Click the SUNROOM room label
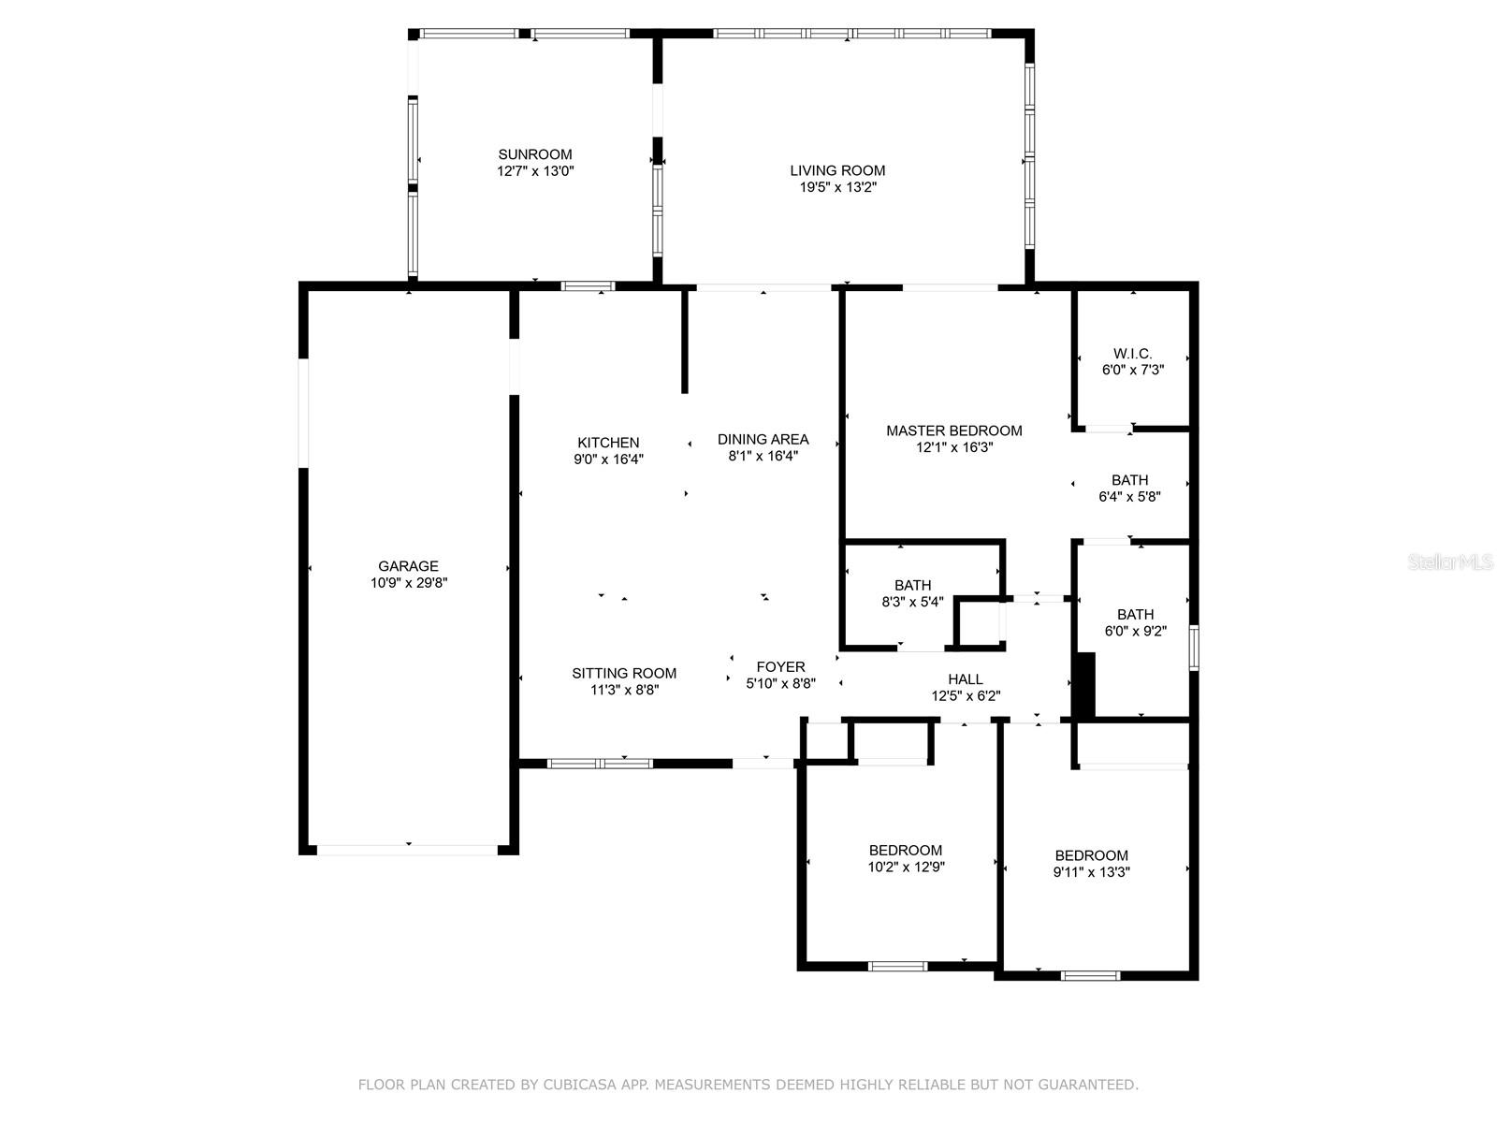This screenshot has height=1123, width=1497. coord(534,154)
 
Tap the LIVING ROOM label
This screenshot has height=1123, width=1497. coord(837,171)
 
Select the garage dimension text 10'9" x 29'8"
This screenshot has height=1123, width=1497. coord(409,583)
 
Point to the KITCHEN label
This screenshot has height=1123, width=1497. coord(608,444)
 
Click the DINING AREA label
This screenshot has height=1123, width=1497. coord(763,440)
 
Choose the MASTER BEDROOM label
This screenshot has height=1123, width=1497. coord(954,430)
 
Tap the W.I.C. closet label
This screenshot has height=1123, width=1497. coord(1133,354)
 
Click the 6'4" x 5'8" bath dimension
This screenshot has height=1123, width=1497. coord(1129,497)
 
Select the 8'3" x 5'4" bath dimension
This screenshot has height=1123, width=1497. coord(912,602)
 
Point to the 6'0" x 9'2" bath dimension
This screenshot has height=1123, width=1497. coord(1136,632)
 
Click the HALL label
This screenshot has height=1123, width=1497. coord(966,679)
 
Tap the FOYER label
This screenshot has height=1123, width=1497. coord(781,667)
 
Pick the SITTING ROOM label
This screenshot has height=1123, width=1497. coord(624,674)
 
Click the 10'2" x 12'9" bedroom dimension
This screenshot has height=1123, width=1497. coord(906,868)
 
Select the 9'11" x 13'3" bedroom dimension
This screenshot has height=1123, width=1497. coord(1091,872)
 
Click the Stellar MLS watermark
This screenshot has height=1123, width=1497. coord(1450,562)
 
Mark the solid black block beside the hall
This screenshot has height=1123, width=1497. coord(1084,685)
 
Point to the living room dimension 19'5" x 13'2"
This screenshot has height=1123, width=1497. coord(837,187)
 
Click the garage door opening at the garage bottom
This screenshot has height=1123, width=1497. coord(408,851)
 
